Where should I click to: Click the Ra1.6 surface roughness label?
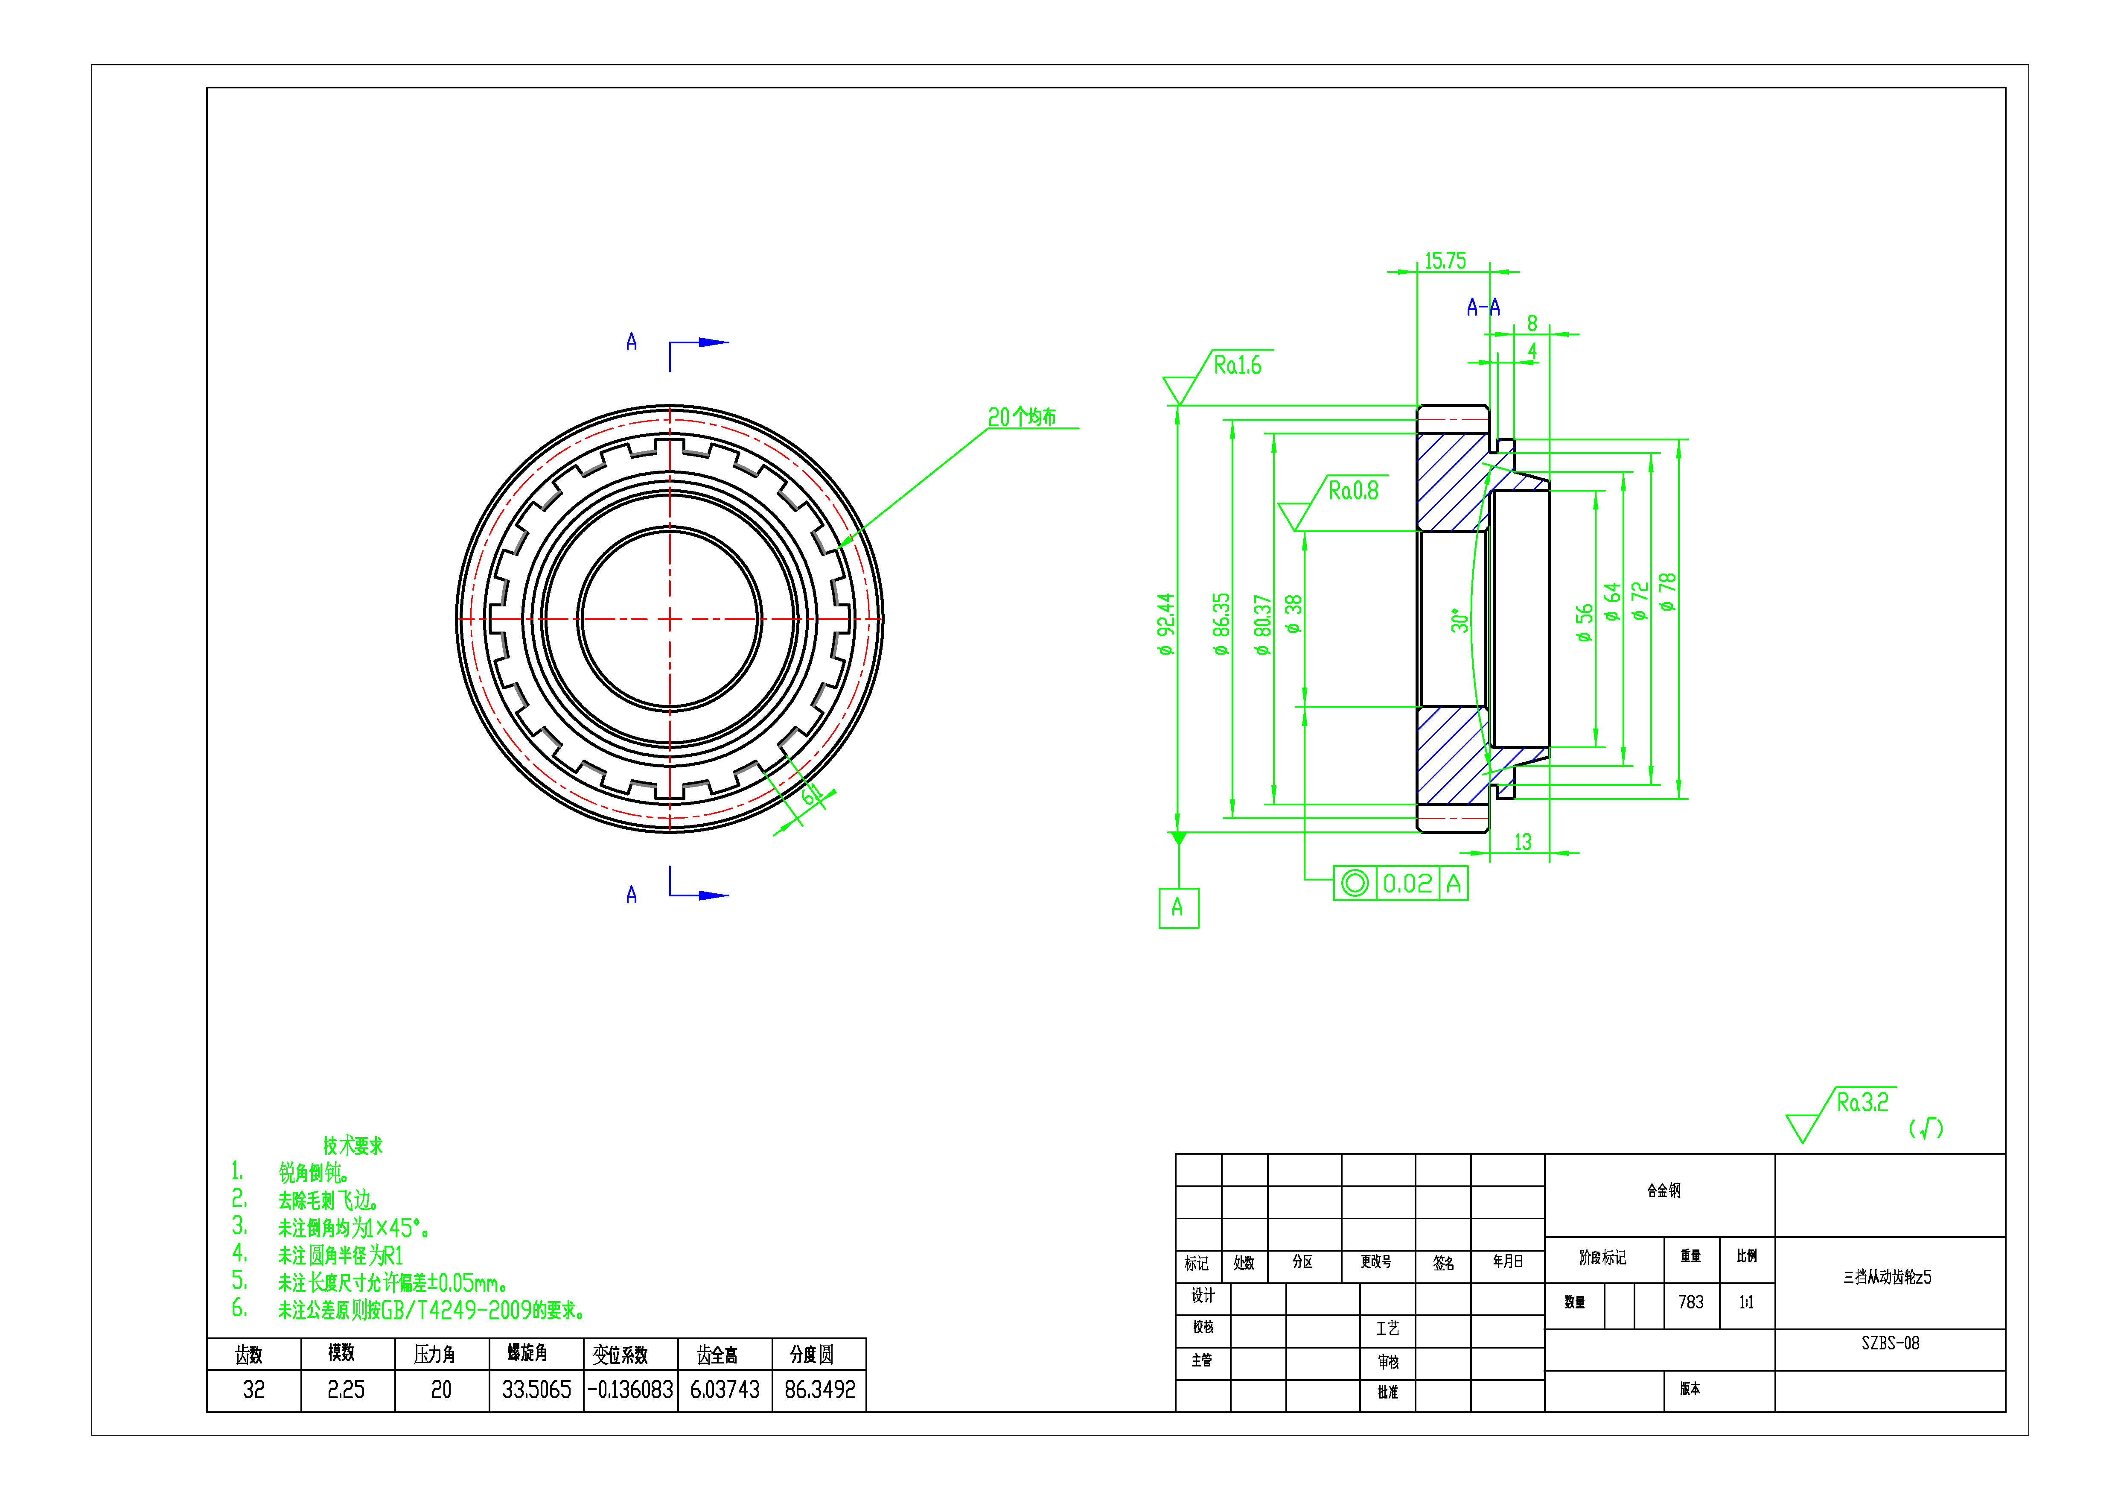coord(1237,366)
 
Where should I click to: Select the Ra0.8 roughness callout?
coord(1352,491)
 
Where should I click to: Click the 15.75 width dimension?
coord(1445,261)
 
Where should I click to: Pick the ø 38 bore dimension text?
coord(1294,614)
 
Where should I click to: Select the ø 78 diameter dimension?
coord(1666,591)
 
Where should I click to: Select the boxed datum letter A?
coord(1178,908)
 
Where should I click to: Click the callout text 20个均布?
coord(1021,417)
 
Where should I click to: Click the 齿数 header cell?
coord(249,1354)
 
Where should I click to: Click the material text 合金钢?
coord(1663,1191)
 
